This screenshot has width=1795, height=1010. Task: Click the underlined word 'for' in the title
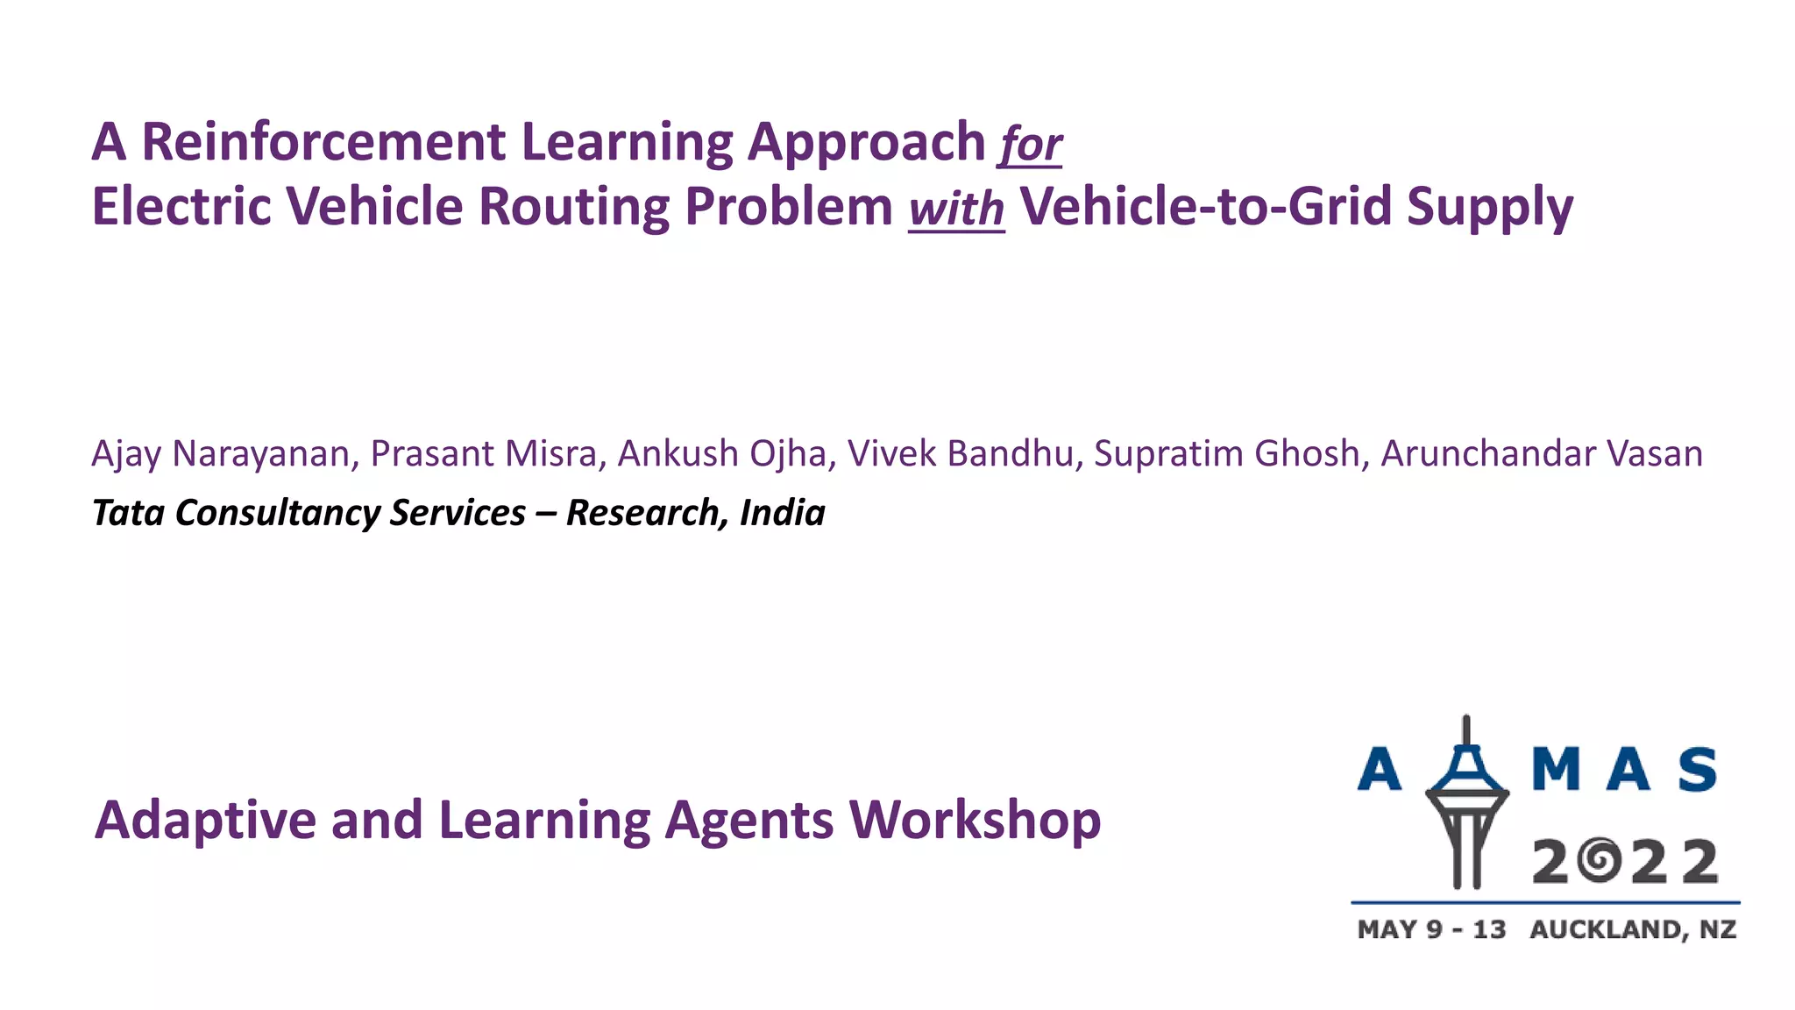[x=1031, y=145]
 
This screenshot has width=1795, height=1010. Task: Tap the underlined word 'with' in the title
[x=956, y=209]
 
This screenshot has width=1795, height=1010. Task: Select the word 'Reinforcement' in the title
[x=323, y=142]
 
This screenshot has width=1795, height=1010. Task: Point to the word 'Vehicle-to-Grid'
[x=1205, y=207]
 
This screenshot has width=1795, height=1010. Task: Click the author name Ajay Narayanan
[x=221, y=454]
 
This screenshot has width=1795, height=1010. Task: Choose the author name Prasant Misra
[x=484, y=454]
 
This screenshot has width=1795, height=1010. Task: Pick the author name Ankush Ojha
[x=722, y=454]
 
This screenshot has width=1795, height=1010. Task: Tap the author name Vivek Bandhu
[x=961, y=454]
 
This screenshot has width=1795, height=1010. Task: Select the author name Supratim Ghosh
[x=1226, y=454]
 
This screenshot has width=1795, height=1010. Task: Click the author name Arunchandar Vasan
[x=1542, y=454]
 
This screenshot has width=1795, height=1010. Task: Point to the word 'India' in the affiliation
[x=782, y=513]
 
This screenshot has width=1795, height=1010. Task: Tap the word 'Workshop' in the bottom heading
[x=975, y=821]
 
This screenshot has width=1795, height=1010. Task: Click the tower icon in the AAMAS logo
[x=1466, y=802]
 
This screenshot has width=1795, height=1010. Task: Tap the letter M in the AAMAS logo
[x=1555, y=769]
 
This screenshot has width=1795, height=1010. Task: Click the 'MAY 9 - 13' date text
[x=1431, y=929]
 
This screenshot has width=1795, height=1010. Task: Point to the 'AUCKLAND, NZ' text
[x=1633, y=929]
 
